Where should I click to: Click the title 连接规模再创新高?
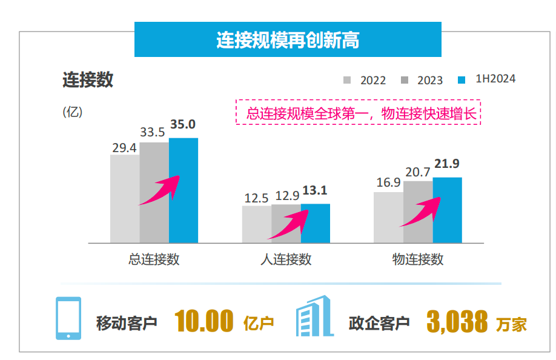288,40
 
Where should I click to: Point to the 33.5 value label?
153,132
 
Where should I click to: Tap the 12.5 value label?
256,198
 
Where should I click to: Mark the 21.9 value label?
448,164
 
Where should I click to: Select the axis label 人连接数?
286,259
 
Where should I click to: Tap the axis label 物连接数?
418,259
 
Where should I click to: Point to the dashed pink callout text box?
358,113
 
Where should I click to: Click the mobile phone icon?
68,318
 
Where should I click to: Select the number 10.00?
204,321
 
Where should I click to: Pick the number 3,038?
457,321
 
